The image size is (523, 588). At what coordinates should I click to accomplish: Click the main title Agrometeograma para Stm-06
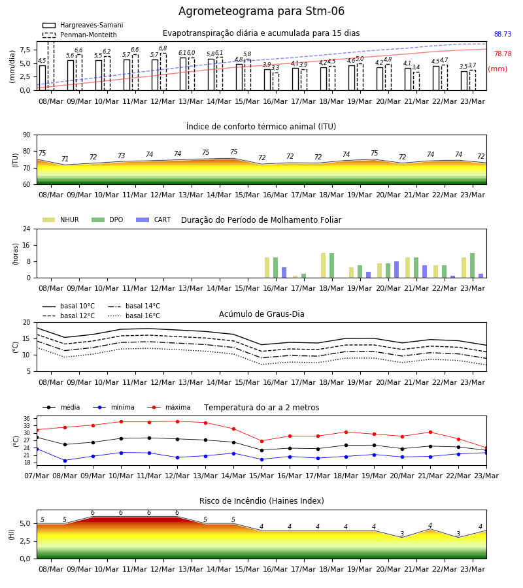(261, 11)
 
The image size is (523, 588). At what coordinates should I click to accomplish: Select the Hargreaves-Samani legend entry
(82, 25)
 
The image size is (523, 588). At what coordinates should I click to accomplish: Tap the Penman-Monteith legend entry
(80, 35)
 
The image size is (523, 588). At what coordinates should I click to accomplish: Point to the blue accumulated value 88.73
(503, 34)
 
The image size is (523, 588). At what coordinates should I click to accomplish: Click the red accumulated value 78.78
(503, 54)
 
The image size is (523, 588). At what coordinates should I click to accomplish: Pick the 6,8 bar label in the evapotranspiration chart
(163, 48)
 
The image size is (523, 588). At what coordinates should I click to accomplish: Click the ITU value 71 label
(65, 159)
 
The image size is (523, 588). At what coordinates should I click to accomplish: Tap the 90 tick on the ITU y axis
(27, 135)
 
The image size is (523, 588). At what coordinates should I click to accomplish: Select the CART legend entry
(154, 220)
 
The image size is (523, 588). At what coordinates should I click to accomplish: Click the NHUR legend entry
(61, 220)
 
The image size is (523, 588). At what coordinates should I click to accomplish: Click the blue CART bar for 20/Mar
(397, 270)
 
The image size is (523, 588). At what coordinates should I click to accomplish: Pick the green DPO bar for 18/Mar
(331, 265)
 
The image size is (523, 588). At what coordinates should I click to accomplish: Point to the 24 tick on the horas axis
(27, 229)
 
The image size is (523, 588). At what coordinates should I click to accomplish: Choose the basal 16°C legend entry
(134, 316)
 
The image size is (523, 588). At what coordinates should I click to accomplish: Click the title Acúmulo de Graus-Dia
(261, 314)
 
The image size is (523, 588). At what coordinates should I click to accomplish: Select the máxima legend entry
(169, 407)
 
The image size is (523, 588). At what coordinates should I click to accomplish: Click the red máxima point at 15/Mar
(262, 441)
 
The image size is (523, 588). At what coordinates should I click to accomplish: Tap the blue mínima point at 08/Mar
(65, 461)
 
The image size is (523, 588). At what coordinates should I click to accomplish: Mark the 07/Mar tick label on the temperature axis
(37, 476)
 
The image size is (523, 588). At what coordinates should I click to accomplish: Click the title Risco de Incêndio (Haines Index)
(261, 501)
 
